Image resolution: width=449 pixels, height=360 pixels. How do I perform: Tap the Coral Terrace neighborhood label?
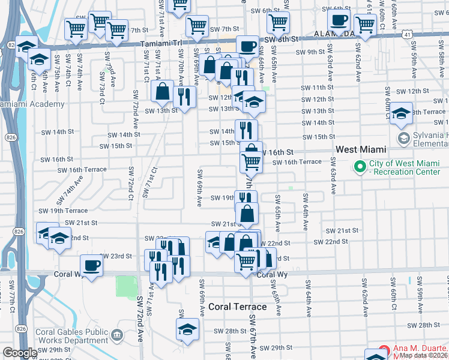[237, 307]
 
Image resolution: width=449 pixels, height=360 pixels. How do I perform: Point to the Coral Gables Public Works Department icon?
[116, 333]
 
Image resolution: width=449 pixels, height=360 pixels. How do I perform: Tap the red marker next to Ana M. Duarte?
[385, 352]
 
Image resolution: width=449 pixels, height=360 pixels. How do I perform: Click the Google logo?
[19, 353]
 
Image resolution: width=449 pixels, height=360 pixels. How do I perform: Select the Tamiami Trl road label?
[165, 44]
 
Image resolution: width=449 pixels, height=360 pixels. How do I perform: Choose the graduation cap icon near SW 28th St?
[187, 329]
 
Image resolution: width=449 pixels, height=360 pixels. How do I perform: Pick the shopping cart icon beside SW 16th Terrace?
[251, 161]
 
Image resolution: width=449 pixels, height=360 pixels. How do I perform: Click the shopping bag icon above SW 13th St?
[163, 92]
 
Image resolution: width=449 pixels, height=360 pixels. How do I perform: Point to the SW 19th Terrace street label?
[63, 211]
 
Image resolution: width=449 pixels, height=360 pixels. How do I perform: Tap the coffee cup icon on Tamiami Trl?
[247, 46]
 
